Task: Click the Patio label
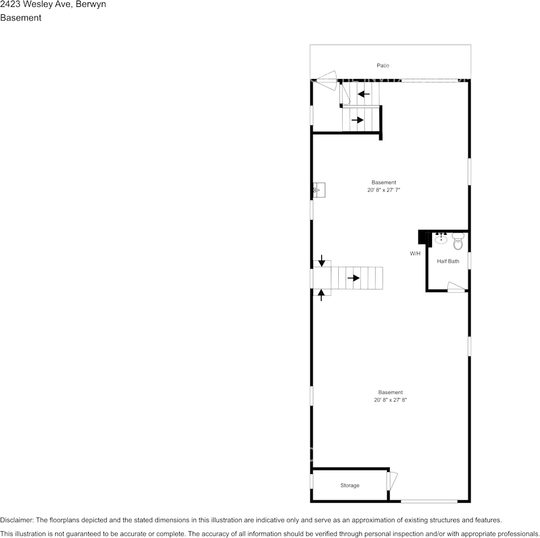click(x=383, y=66)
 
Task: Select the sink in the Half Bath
click(x=441, y=239)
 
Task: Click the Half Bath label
click(x=448, y=262)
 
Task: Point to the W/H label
click(x=415, y=254)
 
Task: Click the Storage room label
click(x=350, y=486)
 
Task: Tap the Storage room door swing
click(x=393, y=480)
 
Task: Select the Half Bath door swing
click(x=456, y=287)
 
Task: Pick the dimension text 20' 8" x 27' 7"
click(x=384, y=191)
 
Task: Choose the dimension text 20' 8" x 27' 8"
click(x=391, y=400)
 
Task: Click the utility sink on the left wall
click(x=318, y=191)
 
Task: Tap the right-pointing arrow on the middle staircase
click(x=354, y=278)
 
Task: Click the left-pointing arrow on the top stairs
click(x=364, y=94)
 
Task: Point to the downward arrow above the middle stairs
click(x=322, y=261)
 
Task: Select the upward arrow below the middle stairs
click(x=322, y=295)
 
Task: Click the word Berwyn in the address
click(x=90, y=5)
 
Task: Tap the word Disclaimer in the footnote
click(x=16, y=520)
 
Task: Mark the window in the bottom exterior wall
click(x=429, y=501)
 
